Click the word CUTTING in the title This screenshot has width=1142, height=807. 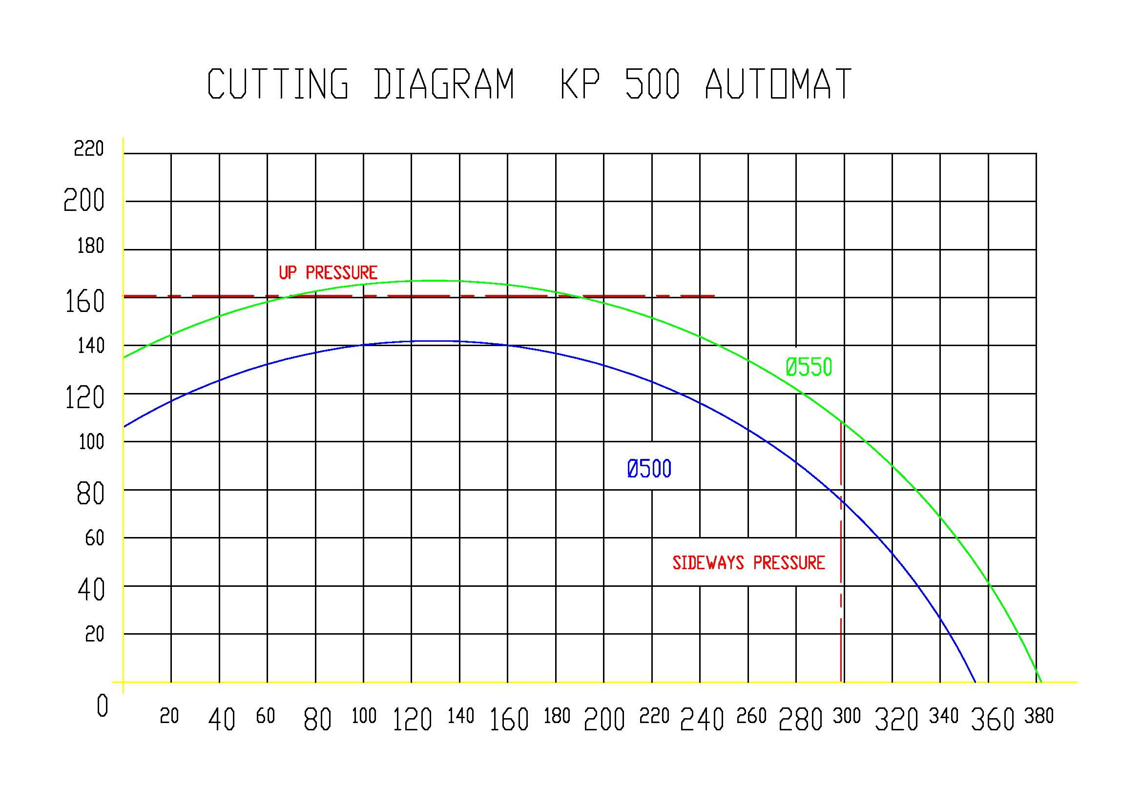tap(277, 84)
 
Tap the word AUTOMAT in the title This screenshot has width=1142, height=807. tap(778, 84)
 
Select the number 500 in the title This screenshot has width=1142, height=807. tap(652, 84)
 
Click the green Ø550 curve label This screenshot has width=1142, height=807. tap(809, 368)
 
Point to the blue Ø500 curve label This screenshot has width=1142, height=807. tap(649, 469)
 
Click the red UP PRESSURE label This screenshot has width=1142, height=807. tap(328, 272)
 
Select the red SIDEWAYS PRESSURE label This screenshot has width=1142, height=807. tap(748, 563)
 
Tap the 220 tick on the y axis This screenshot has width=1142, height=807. tap(88, 149)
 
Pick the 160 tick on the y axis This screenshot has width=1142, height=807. tap(84, 301)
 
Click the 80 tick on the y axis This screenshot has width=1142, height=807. tap(90, 494)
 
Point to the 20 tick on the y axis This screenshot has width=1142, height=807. tap(95, 635)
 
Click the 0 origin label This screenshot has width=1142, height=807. tap(102, 706)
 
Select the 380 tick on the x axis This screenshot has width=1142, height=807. tap(1039, 717)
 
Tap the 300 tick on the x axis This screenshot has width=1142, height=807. tap(847, 717)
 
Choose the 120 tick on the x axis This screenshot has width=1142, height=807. tap(412, 720)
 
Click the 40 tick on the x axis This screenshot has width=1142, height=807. tap(221, 720)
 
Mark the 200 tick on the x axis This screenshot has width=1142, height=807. tap(604, 720)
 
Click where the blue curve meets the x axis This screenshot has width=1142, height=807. tap(975, 682)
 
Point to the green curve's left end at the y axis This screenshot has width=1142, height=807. tap(124, 357)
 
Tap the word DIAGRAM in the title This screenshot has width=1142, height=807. tap(444, 84)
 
